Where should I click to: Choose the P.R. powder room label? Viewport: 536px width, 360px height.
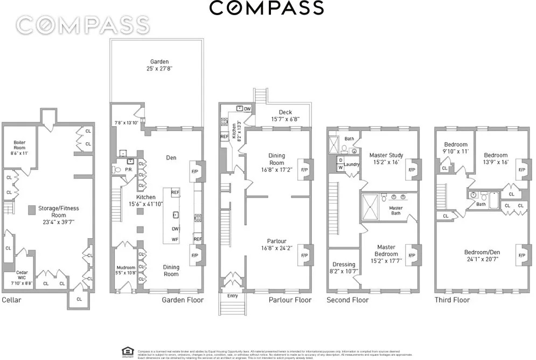(129, 169)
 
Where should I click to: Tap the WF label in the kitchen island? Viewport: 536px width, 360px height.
(175, 239)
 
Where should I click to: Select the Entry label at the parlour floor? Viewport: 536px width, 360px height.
(232, 295)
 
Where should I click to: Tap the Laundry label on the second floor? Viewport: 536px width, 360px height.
(352, 164)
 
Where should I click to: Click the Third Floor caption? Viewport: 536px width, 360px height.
(453, 300)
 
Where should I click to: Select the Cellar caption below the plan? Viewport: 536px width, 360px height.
(11, 300)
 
